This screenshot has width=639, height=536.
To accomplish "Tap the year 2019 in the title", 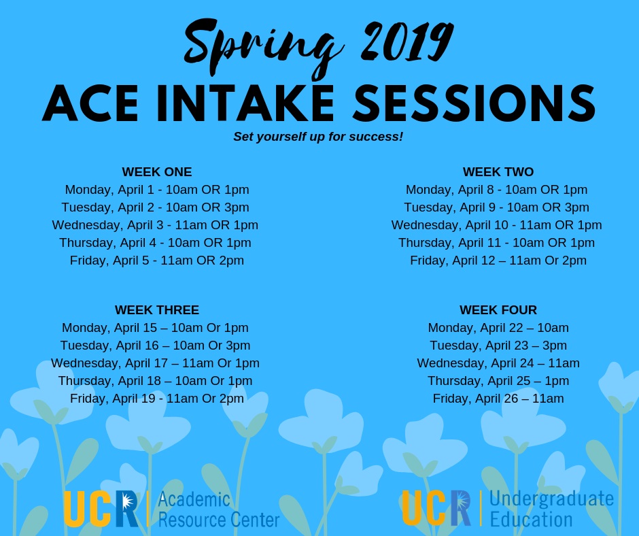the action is click(x=407, y=41).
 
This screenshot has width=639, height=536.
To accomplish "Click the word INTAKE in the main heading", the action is click(x=245, y=103).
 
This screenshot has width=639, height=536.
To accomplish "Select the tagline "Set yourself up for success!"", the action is click(x=318, y=136).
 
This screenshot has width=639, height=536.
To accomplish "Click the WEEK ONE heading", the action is click(x=157, y=171).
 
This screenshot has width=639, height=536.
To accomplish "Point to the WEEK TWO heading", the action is click(x=498, y=171).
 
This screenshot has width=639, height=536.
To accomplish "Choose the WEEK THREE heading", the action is click(x=157, y=310).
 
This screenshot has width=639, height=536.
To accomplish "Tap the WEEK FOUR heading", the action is click(x=498, y=310).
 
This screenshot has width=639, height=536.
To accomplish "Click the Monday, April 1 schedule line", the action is click(x=157, y=190).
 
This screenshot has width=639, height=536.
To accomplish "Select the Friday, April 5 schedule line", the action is click(x=157, y=261).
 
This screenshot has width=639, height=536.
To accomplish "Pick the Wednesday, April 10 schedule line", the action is click(x=496, y=225).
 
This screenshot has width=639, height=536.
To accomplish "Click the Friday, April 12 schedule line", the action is click(x=498, y=261).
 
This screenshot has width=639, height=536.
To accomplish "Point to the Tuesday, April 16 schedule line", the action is click(x=155, y=346).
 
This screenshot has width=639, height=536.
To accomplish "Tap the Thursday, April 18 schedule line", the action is click(x=155, y=381).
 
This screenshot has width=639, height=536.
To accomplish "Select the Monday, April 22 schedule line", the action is click(x=498, y=328).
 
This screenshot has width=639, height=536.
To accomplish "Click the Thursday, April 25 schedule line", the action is click(x=498, y=381).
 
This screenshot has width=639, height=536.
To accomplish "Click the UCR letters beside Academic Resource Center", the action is click(x=101, y=509).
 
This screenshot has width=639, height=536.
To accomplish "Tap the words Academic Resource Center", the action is click(x=218, y=509).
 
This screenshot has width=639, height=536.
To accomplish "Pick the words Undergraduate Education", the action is click(x=552, y=509).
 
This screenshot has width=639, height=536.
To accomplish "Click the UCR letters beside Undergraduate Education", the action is click(x=436, y=508).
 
